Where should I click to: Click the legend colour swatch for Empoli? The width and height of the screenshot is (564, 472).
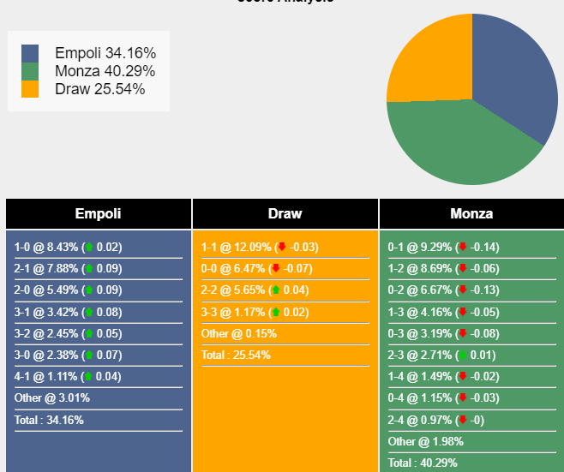point(30,54)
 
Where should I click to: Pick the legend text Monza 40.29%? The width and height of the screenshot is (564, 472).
point(99,71)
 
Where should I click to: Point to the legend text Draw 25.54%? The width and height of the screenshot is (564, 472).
point(99,89)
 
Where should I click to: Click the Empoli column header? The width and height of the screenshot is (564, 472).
point(98,213)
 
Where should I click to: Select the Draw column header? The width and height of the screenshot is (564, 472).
point(285,213)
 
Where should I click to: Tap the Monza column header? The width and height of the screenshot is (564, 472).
point(471,213)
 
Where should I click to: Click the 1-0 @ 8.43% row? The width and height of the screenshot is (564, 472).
point(68,248)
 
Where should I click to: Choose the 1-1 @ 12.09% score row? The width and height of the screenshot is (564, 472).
point(260,248)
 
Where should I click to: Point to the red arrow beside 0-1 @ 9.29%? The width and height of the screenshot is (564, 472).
point(463,248)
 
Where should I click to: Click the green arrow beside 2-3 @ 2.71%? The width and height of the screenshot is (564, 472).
point(463,355)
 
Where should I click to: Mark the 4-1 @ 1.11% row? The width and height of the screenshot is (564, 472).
point(68,377)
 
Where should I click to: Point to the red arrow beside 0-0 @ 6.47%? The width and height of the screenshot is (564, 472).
point(276,269)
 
